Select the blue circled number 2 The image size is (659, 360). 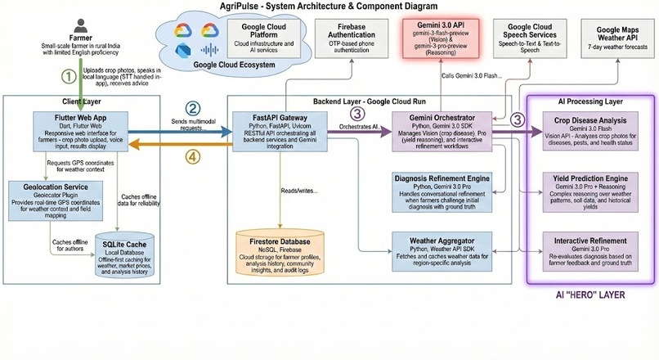click(x=193, y=108)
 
